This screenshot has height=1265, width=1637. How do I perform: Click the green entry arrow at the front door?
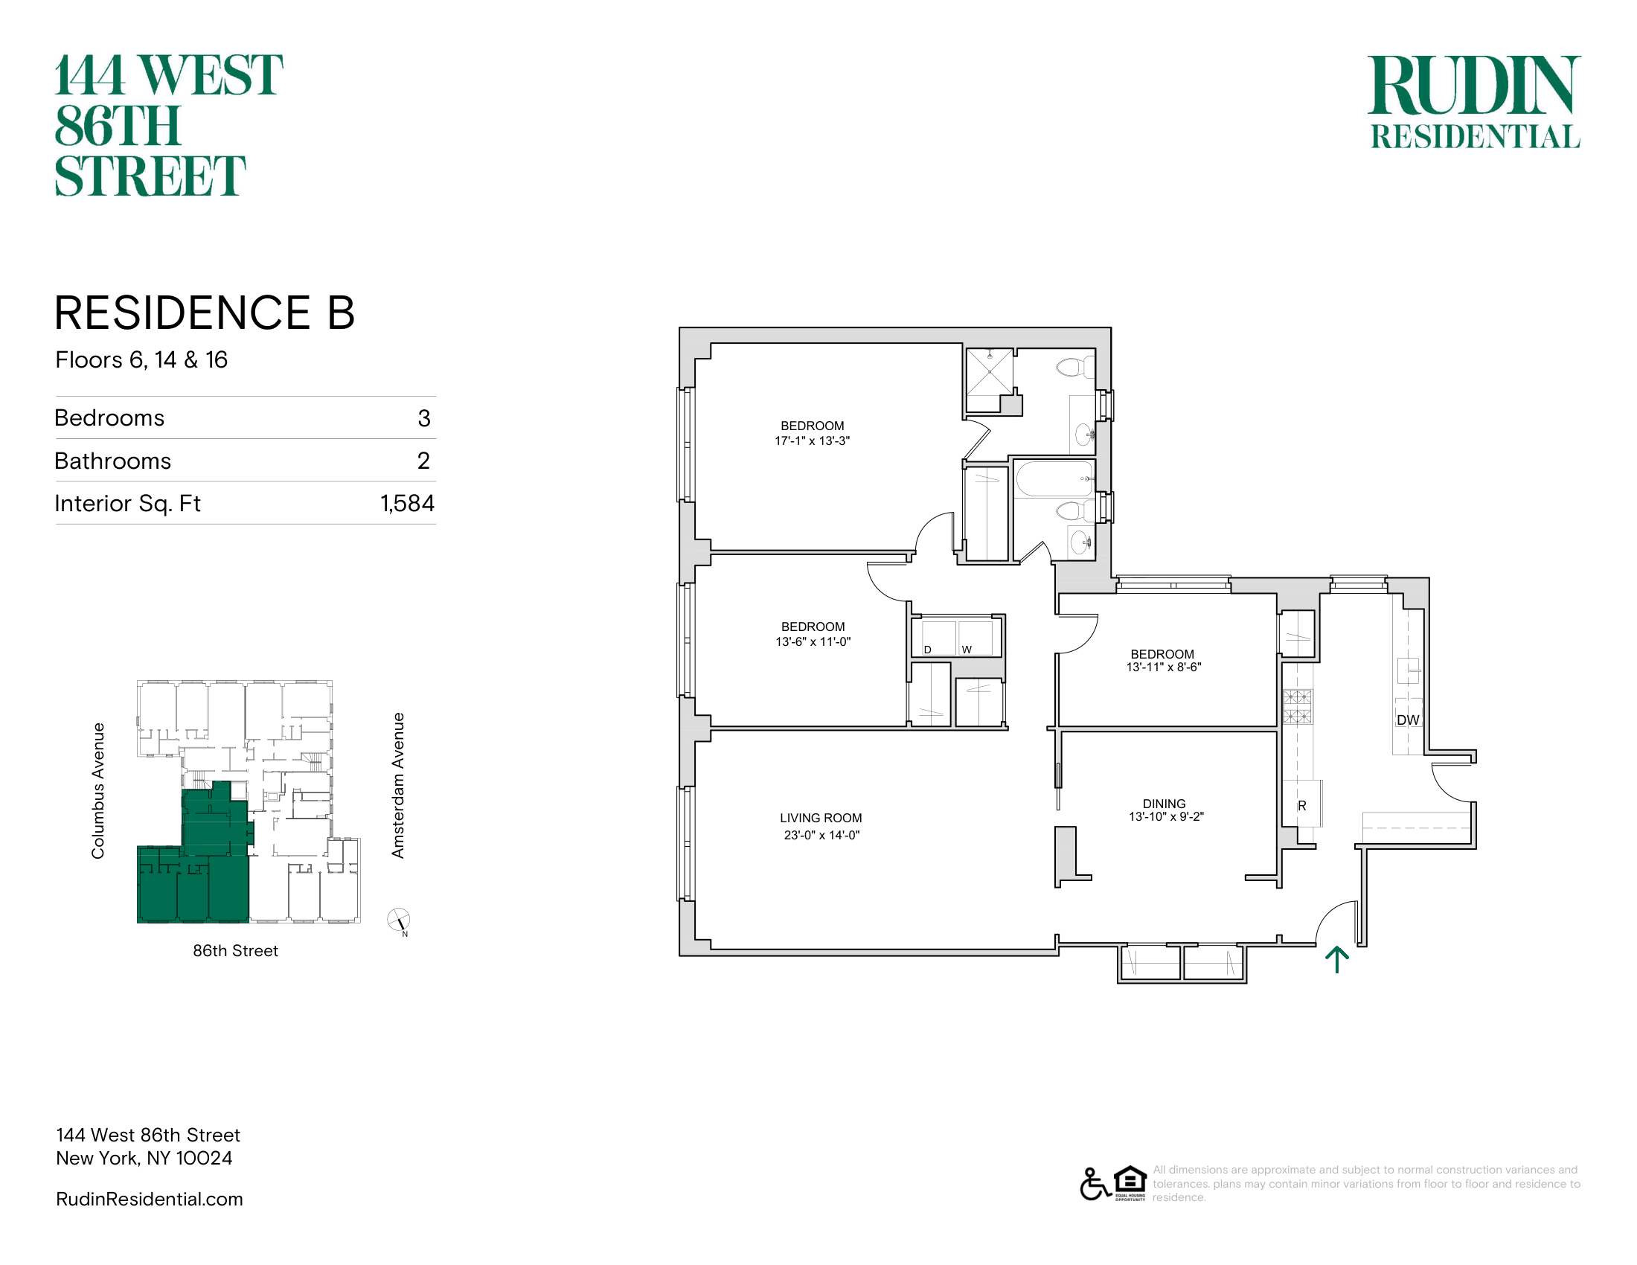pos(1337,960)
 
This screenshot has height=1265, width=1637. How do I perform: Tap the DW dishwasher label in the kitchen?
pos(1408,720)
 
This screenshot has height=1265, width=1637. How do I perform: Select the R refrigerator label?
pos(1302,806)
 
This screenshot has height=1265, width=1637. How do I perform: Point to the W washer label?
pos(967,650)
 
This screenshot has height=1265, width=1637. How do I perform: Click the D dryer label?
pos(927,650)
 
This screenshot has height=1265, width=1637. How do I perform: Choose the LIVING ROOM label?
pos(821,819)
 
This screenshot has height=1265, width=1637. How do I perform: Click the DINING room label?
pos(1164,804)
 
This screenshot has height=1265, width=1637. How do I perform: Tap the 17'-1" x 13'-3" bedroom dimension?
pos(813,441)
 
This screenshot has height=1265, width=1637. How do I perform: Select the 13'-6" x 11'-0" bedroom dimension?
pos(813,642)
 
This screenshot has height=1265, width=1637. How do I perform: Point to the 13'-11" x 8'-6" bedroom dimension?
pos(1163,667)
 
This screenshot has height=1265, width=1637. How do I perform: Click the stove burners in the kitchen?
pos(1298,706)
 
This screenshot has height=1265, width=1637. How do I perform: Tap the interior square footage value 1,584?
pos(407,504)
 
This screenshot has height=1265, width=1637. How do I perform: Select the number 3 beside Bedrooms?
pos(424,418)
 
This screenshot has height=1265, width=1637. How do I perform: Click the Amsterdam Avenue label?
pos(398,785)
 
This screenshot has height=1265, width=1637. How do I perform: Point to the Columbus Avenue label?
pos(98,790)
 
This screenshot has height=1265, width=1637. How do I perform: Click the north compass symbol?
pos(399,921)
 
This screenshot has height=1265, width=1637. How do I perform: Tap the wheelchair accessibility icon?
pos(1095,1184)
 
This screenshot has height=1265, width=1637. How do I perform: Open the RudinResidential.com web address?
pos(149,1199)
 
